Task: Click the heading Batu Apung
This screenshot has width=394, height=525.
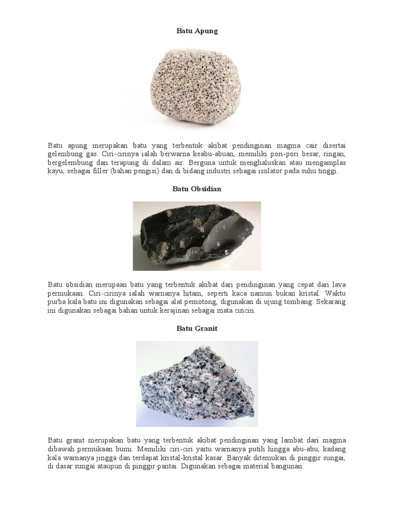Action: click(197, 31)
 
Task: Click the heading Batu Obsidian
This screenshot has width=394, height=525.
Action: click(197, 189)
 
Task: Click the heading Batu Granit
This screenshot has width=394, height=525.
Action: click(197, 329)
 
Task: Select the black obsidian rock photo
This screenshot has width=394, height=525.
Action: click(196, 236)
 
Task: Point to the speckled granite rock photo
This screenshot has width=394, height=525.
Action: click(196, 383)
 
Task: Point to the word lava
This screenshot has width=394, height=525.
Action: click(337, 285)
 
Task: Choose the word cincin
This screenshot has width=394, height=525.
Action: click(244, 311)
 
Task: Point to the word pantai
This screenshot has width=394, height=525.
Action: click(155, 467)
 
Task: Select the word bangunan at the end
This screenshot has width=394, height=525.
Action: click(287, 467)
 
